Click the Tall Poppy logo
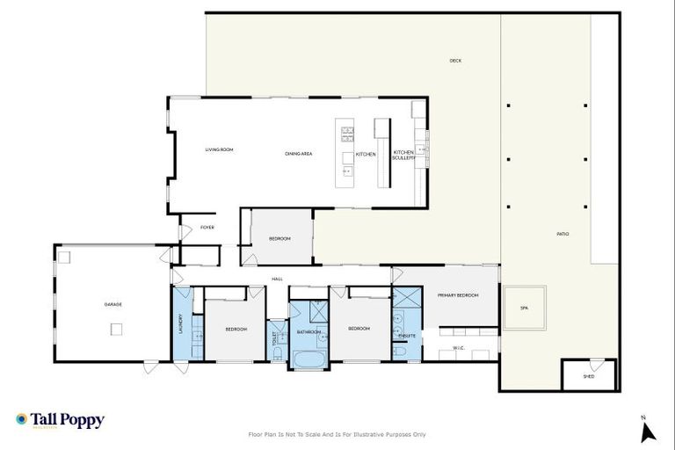60,420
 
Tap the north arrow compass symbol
648,430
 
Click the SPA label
524,308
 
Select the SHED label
589,376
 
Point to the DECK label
455,61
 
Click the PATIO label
562,234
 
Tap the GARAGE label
113,304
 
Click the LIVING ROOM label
219,149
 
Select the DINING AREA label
299,154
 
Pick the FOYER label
207,228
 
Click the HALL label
277,279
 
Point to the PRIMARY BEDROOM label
458,295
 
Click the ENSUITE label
407,336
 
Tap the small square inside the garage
116,329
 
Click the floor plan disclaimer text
337,434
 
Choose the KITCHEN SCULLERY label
403,155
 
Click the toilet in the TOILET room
277,353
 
